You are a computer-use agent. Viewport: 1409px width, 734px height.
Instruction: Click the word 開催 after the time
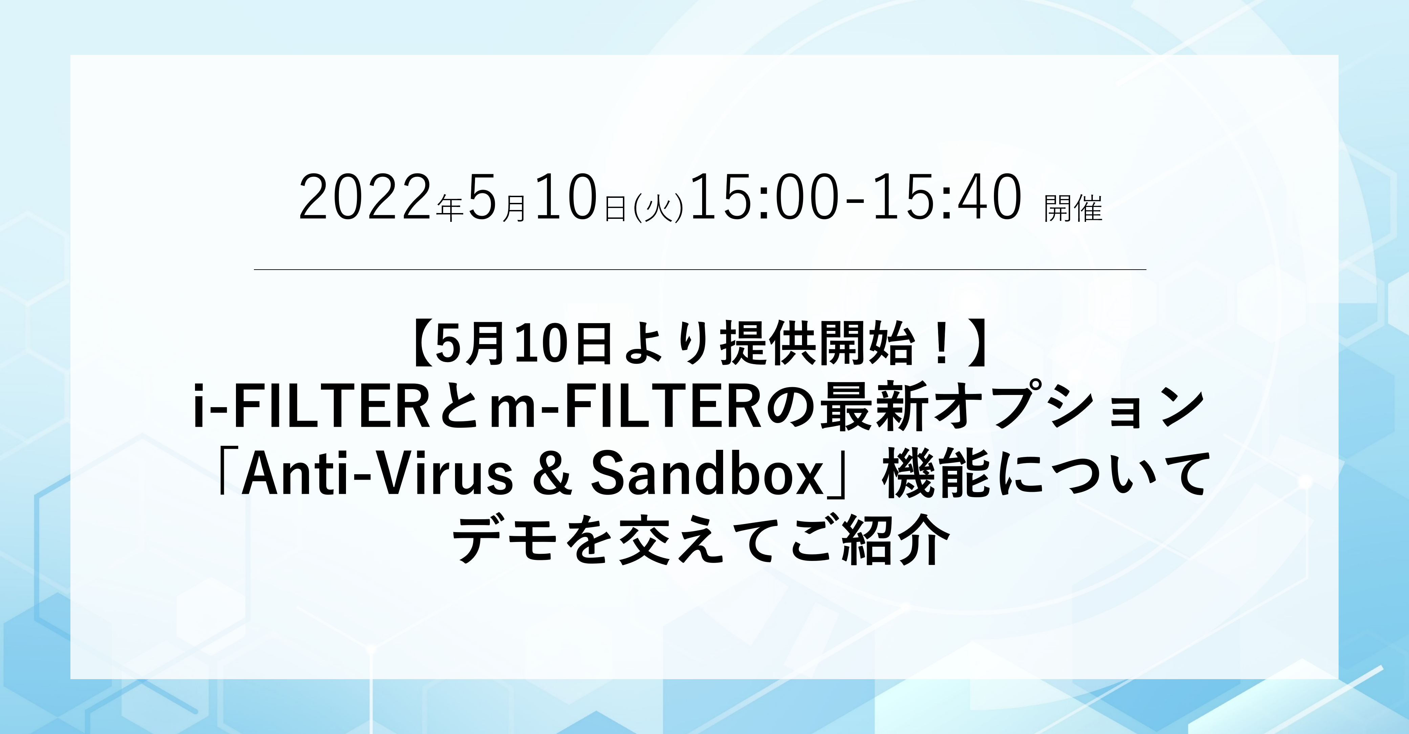click(x=1073, y=209)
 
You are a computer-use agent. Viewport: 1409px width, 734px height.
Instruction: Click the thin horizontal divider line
click(x=700, y=269)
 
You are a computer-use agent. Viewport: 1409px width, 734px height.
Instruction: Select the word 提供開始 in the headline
click(x=817, y=346)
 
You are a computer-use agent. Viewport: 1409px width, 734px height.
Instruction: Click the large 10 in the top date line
click(x=565, y=197)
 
